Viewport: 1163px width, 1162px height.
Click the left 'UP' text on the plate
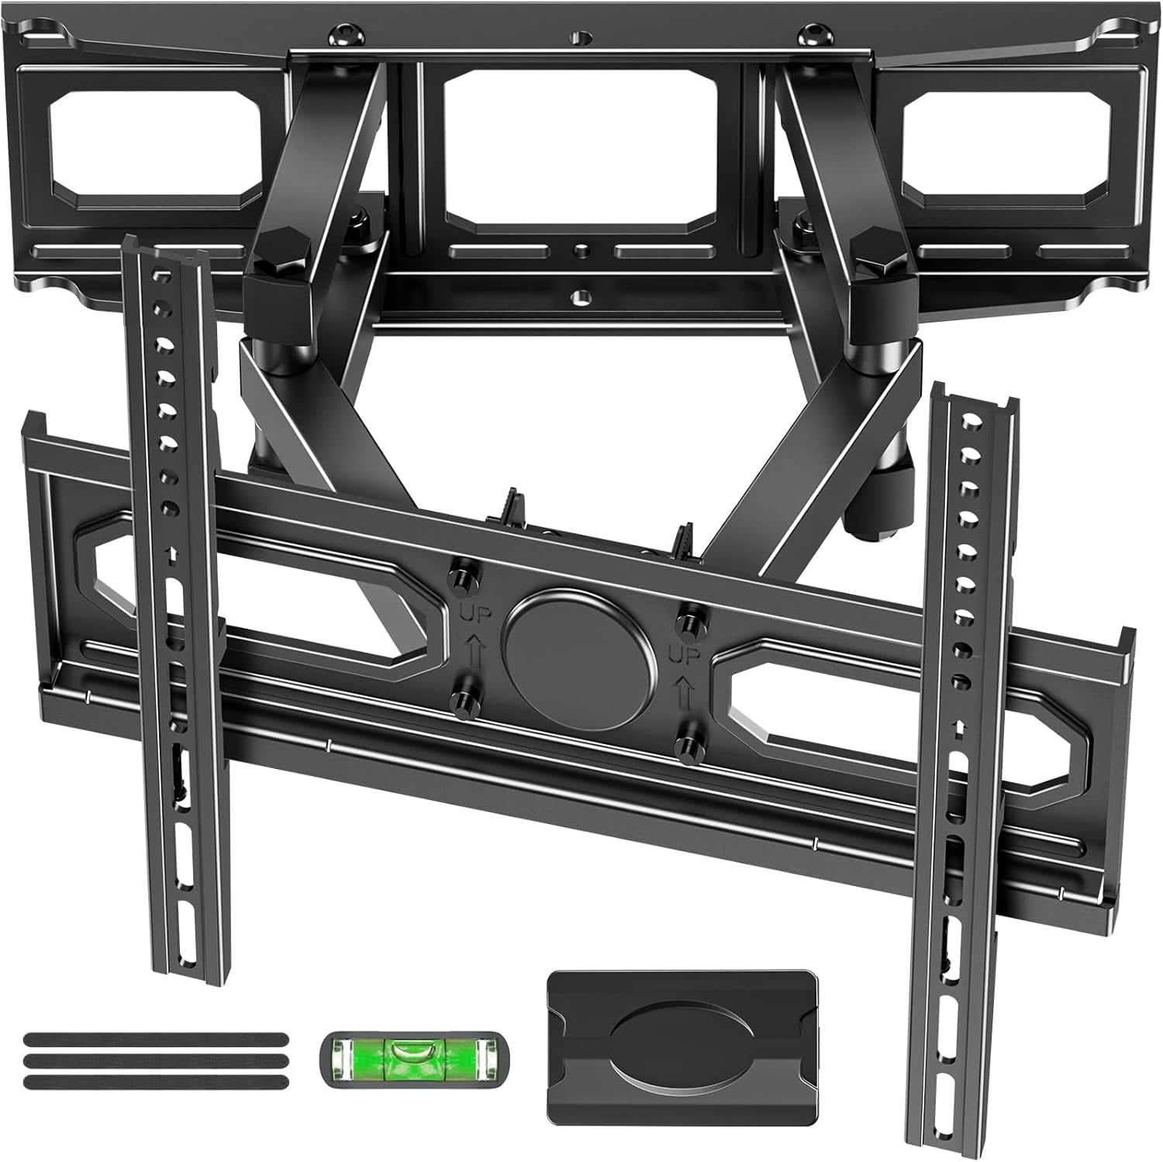(x=475, y=615)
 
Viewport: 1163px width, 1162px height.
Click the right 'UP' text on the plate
(x=685, y=657)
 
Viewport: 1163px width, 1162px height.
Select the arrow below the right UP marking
(x=685, y=690)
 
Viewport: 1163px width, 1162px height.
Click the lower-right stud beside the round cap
(x=687, y=746)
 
